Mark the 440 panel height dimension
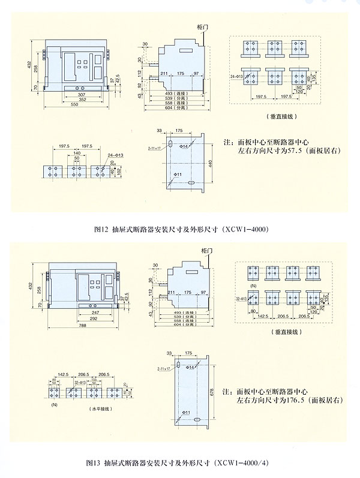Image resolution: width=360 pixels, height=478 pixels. point(211,163)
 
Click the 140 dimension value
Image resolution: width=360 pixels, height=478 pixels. point(76,154)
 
